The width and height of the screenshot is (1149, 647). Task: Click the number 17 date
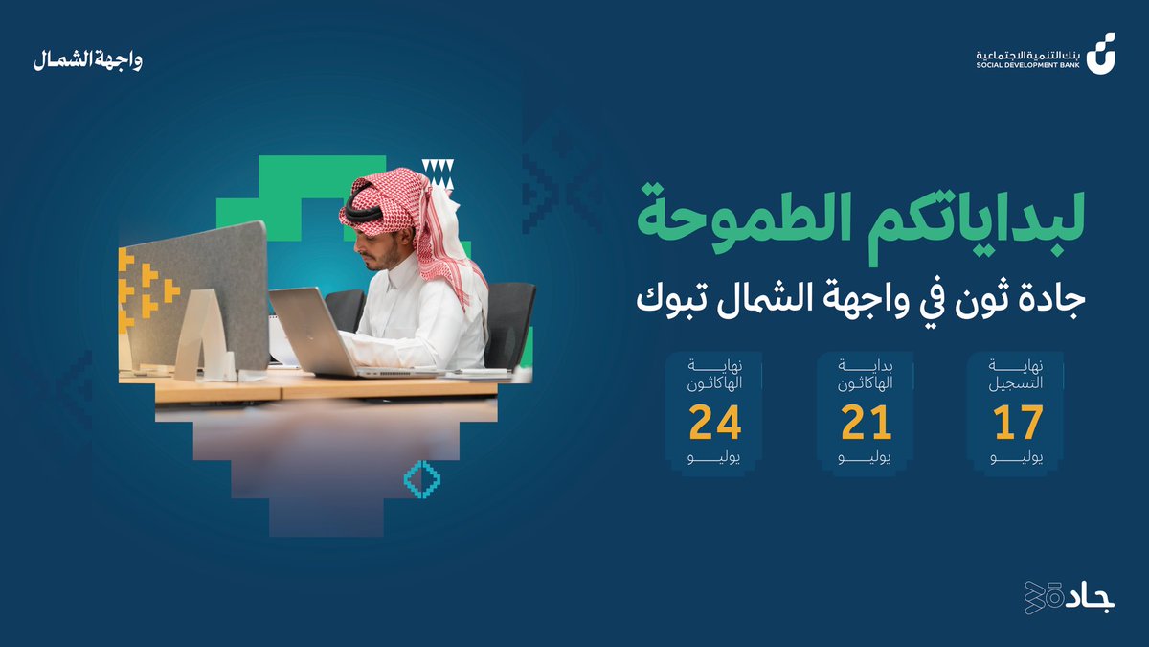pyautogui.click(x=1016, y=423)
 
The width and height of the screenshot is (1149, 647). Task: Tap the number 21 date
pyautogui.click(x=866, y=423)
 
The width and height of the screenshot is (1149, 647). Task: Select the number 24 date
pyautogui.click(x=715, y=423)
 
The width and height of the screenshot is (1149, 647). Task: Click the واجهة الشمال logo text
pyautogui.click(x=87, y=60)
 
